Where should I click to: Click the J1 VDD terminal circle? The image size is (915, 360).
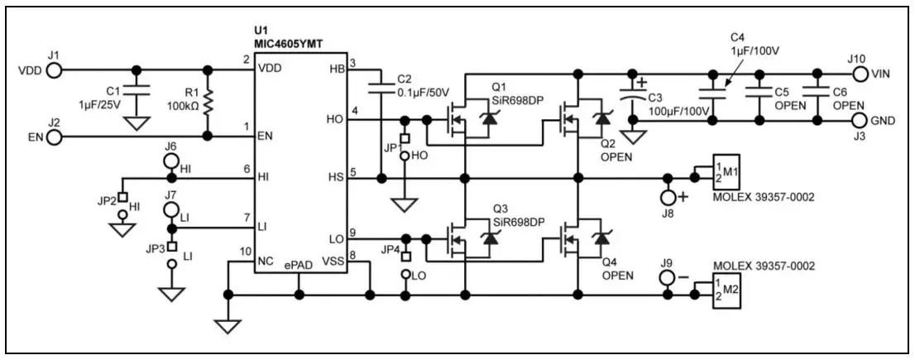(x=54, y=71)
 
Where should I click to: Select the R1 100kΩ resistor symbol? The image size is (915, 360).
(x=208, y=103)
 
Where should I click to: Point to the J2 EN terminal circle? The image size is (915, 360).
(x=54, y=137)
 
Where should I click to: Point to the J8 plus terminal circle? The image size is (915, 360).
(x=668, y=197)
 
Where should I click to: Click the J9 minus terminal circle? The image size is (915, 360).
(x=668, y=279)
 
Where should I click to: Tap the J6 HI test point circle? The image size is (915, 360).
(x=171, y=160)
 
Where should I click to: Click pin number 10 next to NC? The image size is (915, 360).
(x=244, y=252)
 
